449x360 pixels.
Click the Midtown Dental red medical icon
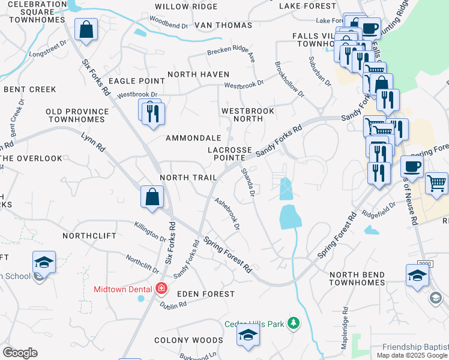pyautogui.click(x=160, y=289)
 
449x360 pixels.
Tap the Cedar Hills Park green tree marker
pyautogui.click(x=293, y=323)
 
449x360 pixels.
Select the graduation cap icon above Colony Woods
pyautogui.click(x=247, y=337)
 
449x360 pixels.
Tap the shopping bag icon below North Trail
pyautogui.click(x=152, y=196)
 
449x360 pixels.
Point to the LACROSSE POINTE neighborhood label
pyautogui.click(x=230, y=153)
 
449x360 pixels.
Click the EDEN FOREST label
pyautogui.click(x=205, y=294)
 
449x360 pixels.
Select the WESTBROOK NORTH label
pyautogui.click(x=247, y=115)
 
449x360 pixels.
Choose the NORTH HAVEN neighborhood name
pyautogui.click(x=198, y=74)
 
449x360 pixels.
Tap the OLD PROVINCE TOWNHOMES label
pyautogui.click(x=77, y=116)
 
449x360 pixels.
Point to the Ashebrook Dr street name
pyautogui.click(x=228, y=215)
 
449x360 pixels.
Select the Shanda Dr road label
pyautogui.click(x=249, y=183)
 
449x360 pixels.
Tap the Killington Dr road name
pyautogui.click(x=148, y=231)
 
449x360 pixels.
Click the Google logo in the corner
pyautogui.click(x=20, y=352)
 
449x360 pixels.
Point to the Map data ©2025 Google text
pyautogui.click(x=411, y=355)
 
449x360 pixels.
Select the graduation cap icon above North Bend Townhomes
pyautogui.click(x=417, y=275)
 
